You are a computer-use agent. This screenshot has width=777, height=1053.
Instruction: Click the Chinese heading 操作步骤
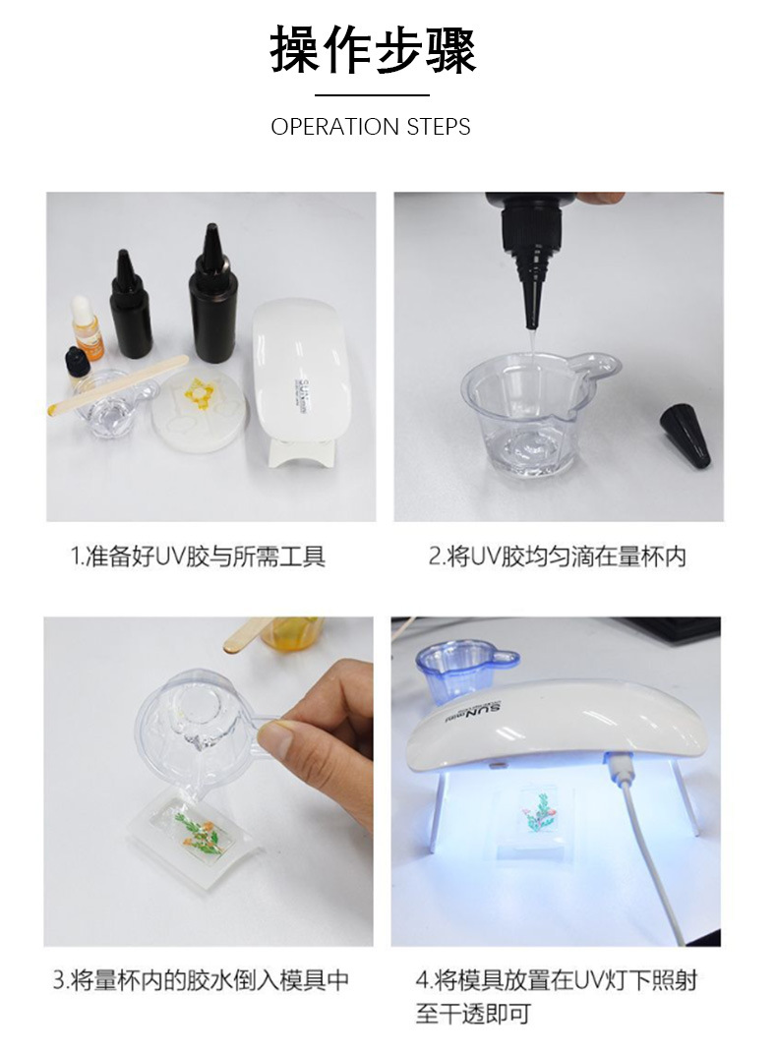(x=373, y=51)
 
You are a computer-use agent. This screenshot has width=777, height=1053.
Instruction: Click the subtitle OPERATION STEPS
(x=371, y=127)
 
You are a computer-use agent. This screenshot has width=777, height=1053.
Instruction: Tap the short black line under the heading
(x=372, y=95)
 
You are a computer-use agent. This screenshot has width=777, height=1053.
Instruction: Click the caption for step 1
(x=198, y=556)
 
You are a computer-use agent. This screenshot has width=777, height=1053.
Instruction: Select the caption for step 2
(x=557, y=556)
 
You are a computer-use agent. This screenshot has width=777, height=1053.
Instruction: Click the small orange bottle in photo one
(x=89, y=329)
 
